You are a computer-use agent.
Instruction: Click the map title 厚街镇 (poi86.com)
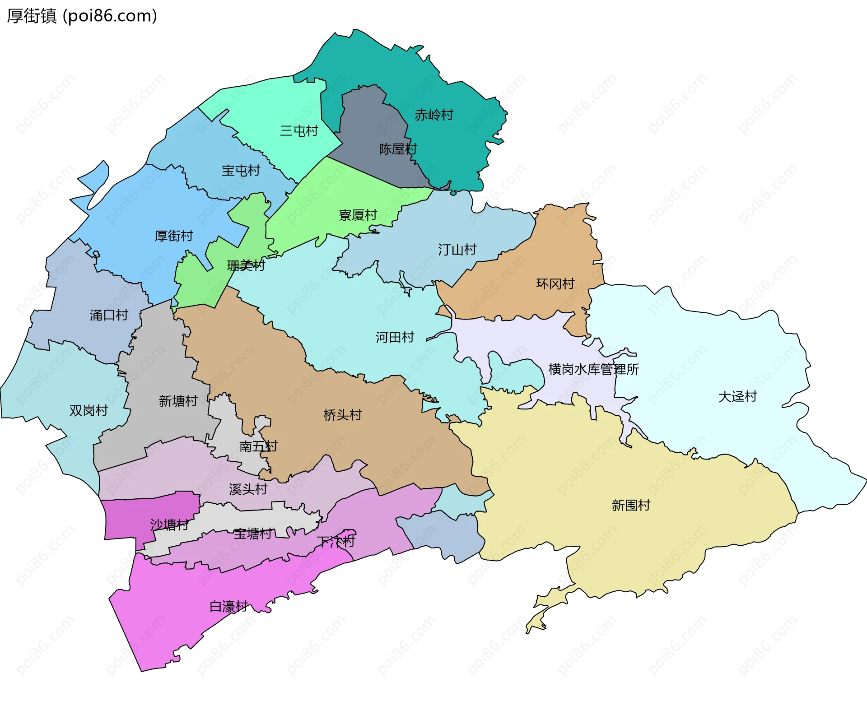coord(82,16)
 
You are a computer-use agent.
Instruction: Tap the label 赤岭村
coord(433,115)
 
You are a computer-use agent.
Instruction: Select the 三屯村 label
coord(299,131)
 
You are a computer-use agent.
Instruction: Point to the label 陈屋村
coord(397,149)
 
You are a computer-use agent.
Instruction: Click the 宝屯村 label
coord(241,171)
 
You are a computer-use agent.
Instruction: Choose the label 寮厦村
coord(358,215)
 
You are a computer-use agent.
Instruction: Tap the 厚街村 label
coord(174,236)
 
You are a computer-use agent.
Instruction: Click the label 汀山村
coord(457,250)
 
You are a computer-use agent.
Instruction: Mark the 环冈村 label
coord(555,284)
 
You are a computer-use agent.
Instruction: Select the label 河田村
coord(395,337)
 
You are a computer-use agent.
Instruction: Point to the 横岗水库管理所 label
coord(593,369)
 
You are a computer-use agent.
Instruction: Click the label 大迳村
coord(737,397)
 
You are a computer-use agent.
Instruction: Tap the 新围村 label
coord(631,506)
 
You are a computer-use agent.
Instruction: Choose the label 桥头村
coord(342,415)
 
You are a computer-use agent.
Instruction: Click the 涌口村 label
coord(109,315)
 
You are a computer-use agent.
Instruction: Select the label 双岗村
coord(89,411)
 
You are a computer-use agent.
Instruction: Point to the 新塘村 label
coord(178,401)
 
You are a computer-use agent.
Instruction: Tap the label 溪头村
coord(248,489)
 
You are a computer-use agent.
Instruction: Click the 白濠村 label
coord(228,607)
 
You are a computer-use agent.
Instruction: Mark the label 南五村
coord(258,446)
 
